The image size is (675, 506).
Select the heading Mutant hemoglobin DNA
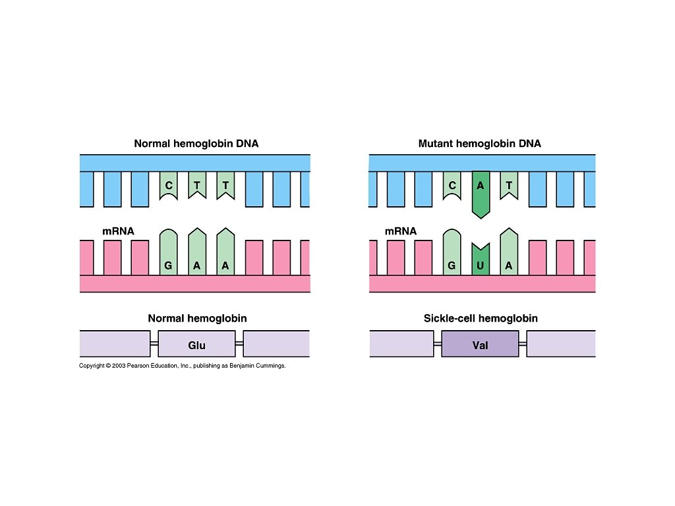click(x=479, y=143)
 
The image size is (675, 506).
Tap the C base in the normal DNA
click(x=169, y=186)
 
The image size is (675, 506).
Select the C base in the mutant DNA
click(x=452, y=186)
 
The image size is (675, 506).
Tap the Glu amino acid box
click(x=196, y=345)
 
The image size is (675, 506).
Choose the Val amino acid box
click(x=480, y=345)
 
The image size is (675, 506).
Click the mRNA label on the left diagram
click(x=118, y=231)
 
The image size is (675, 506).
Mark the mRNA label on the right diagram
click(x=401, y=231)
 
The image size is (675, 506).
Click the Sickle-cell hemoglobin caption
click(x=481, y=318)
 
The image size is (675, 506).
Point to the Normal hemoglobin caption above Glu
click(x=197, y=318)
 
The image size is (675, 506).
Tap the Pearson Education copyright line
click(x=182, y=366)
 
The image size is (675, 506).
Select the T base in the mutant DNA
click(x=508, y=186)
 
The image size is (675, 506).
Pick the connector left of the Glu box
click(x=154, y=344)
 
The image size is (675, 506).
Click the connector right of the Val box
click(x=523, y=344)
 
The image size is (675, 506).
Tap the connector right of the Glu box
click(x=239, y=344)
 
